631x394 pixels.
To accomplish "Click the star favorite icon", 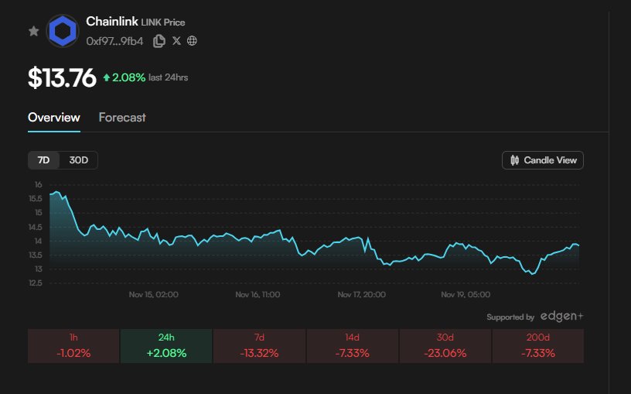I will point(33,31).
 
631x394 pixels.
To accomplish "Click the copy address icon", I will point(159,40).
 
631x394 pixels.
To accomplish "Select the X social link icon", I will point(176,40).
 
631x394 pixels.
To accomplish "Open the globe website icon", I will point(192,40).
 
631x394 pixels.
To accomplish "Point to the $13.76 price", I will point(62,77).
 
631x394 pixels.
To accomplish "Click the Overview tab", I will point(53,118).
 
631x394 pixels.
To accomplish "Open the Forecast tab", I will point(122,118).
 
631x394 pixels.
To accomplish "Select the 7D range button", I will point(44,160).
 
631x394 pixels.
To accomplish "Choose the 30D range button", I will point(79,160).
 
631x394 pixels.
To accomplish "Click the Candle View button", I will point(543,160).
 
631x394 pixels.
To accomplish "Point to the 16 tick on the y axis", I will point(38,185).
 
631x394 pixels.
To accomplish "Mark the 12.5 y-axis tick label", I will point(36,283).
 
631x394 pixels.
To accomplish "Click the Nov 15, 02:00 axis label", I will point(154,295).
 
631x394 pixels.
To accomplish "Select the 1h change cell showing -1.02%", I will point(73,346).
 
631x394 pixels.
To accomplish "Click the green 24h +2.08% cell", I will point(166,346).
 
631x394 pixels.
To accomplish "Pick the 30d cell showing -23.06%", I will point(445,346).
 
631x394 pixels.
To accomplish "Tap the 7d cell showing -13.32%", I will point(259,346).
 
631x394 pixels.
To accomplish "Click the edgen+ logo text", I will point(561,317).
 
